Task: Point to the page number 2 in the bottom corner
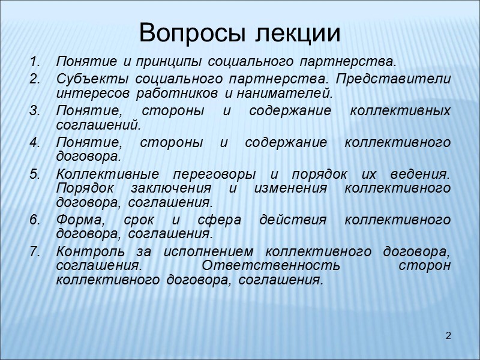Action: [448, 334]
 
